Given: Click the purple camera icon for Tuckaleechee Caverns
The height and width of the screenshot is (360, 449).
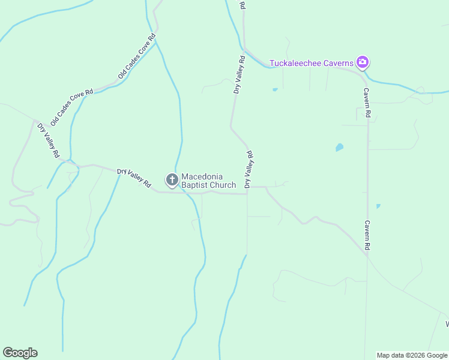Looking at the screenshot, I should click(x=362, y=62).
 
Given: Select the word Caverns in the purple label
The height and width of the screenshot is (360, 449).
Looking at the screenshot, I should click(x=338, y=62).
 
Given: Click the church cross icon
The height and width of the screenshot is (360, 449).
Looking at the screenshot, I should click(x=172, y=180).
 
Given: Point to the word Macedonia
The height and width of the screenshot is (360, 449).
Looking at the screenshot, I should click(x=202, y=176).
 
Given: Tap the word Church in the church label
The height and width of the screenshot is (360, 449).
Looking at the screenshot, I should click(x=223, y=185).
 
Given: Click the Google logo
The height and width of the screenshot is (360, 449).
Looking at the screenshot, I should click(x=20, y=353).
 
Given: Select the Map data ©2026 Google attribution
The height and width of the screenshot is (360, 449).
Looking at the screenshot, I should click(x=412, y=355).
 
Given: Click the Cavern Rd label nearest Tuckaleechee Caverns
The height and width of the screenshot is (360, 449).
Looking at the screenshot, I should click(x=367, y=103).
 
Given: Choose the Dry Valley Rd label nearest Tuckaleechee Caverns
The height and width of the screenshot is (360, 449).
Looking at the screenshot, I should click(x=239, y=75).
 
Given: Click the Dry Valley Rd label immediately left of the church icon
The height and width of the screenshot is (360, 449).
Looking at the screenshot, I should click(x=134, y=178).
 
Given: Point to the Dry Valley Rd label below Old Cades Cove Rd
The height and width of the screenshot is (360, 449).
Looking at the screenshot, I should click(x=48, y=140).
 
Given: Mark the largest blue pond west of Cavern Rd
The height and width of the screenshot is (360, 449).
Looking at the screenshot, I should click(x=339, y=147).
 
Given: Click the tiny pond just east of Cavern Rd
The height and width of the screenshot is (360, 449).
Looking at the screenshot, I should click(x=378, y=206).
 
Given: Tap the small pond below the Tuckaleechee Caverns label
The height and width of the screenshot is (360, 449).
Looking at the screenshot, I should click(x=275, y=89).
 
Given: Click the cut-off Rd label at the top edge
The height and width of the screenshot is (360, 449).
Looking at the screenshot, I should click(x=242, y=4).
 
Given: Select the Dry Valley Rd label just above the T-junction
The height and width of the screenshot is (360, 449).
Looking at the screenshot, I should click(x=249, y=169).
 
